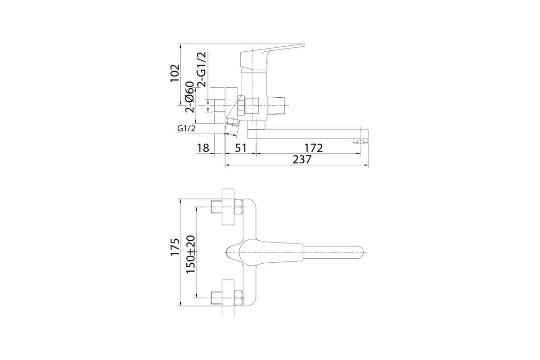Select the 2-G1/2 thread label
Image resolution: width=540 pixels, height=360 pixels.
click(x=202, y=68)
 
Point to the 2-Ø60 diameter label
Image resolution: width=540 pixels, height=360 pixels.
click(x=189, y=97)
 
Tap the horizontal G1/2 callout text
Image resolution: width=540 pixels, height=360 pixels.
click(x=186, y=129)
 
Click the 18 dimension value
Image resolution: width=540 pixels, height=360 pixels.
click(x=203, y=148)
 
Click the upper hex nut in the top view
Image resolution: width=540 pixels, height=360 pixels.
click(x=238, y=208)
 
